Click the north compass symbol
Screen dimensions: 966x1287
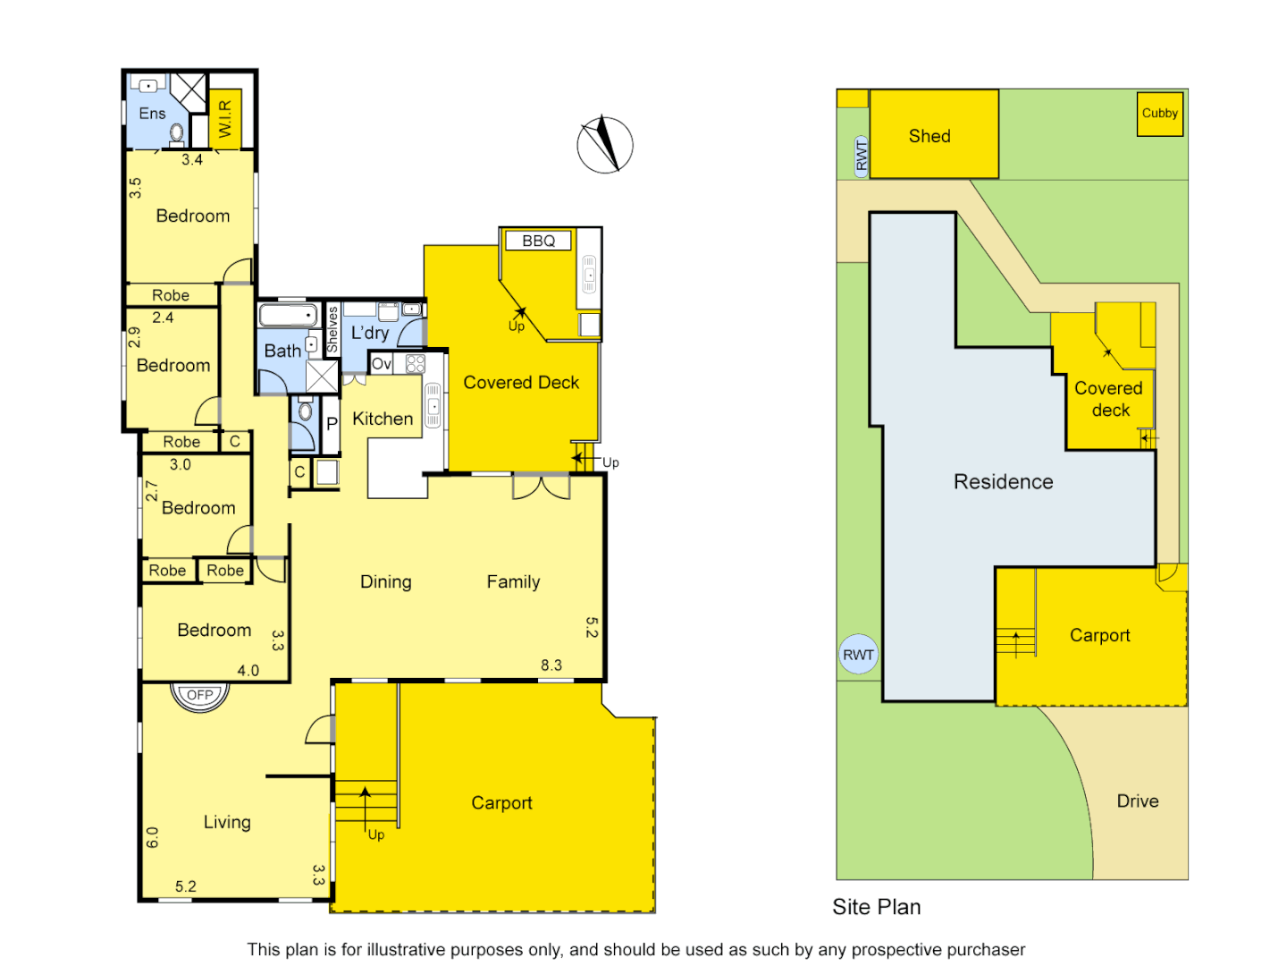pos(605,144)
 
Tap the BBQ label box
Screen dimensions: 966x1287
pos(538,241)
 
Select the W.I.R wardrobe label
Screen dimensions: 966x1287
pos(225,118)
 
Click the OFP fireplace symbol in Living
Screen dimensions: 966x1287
pos(200,695)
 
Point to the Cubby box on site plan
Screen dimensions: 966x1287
pos(1159,114)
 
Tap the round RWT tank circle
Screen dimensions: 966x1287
pos(858,655)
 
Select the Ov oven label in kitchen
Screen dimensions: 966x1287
pos(382,364)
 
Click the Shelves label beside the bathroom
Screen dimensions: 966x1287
pos(332,329)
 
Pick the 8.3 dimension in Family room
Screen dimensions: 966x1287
pos(551,665)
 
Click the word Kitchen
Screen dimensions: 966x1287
pos(383,419)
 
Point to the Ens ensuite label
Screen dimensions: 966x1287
pos(152,114)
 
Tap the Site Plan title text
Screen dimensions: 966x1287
pos(876,907)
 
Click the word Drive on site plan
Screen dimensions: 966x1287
pos(1137,801)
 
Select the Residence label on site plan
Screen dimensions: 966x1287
pos(1003,482)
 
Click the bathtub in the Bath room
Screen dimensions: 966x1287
pos(288,315)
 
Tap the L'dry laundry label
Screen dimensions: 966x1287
pos(369,333)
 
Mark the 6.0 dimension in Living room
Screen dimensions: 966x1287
pos(152,837)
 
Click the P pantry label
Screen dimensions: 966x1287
pos(332,424)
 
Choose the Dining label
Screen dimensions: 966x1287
pos(385,582)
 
